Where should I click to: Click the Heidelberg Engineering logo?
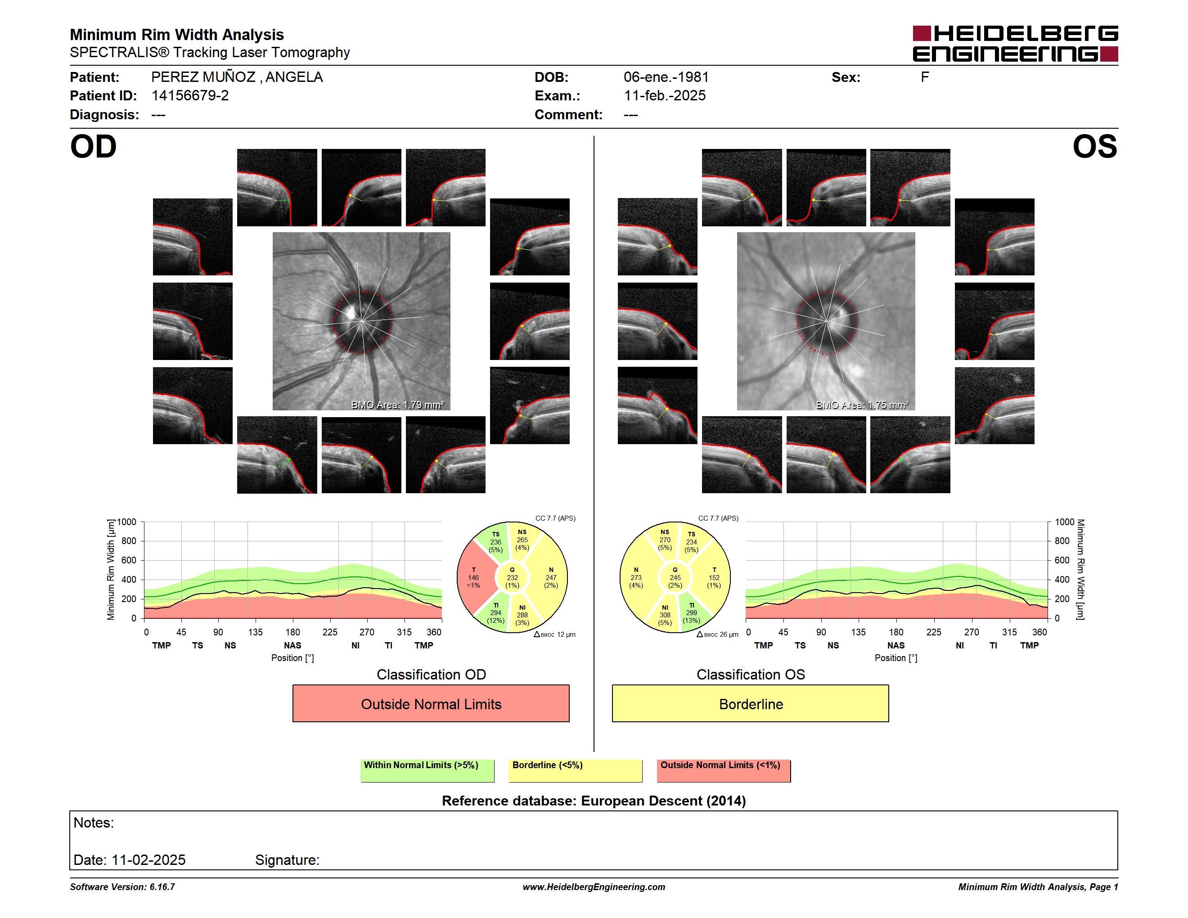[x=1015, y=44]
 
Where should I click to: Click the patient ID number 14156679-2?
[x=190, y=96]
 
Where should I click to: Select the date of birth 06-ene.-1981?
[x=666, y=77]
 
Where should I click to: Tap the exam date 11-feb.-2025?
[x=664, y=96]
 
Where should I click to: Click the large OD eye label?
[x=94, y=147]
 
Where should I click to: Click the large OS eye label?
[x=1094, y=147]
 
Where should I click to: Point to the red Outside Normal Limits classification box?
[x=431, y=704]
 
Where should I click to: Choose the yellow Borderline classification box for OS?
[x=751, y=704]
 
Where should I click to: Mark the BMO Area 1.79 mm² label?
[x=398, y=405]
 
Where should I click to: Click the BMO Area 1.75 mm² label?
[x=862, y=405]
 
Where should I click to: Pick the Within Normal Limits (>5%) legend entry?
[x=427, y=770]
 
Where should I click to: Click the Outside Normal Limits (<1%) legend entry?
[x=724, y=770]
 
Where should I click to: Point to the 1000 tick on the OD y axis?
[x=127, y=522]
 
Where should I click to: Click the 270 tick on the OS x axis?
[x=972, y=632]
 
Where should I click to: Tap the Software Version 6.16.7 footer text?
[x=122, y=887]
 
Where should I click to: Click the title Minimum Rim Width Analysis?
[x=177, y=34]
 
